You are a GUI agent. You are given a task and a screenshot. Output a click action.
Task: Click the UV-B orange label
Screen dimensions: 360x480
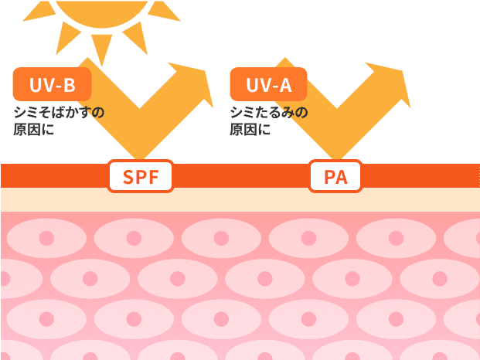click(52, 84)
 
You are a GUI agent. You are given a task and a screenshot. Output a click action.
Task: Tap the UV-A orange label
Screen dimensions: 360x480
click(268, 84)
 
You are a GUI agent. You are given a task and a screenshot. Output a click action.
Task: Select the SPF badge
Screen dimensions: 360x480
click(141, 177)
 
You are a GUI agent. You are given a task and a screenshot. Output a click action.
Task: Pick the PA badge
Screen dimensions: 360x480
click(335, 177)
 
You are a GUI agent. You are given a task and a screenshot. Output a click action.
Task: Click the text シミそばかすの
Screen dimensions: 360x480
click(59, 113)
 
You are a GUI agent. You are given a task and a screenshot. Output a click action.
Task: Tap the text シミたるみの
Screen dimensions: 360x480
click(268, 113)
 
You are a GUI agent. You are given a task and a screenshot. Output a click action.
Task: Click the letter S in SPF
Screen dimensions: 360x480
click(128, 178)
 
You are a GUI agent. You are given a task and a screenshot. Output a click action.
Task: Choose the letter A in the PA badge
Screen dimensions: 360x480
click(342, 178)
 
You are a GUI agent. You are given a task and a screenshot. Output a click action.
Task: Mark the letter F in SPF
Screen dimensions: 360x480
click(153, 178)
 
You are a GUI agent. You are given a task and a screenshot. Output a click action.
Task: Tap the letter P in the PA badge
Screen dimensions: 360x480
click(329, 178)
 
